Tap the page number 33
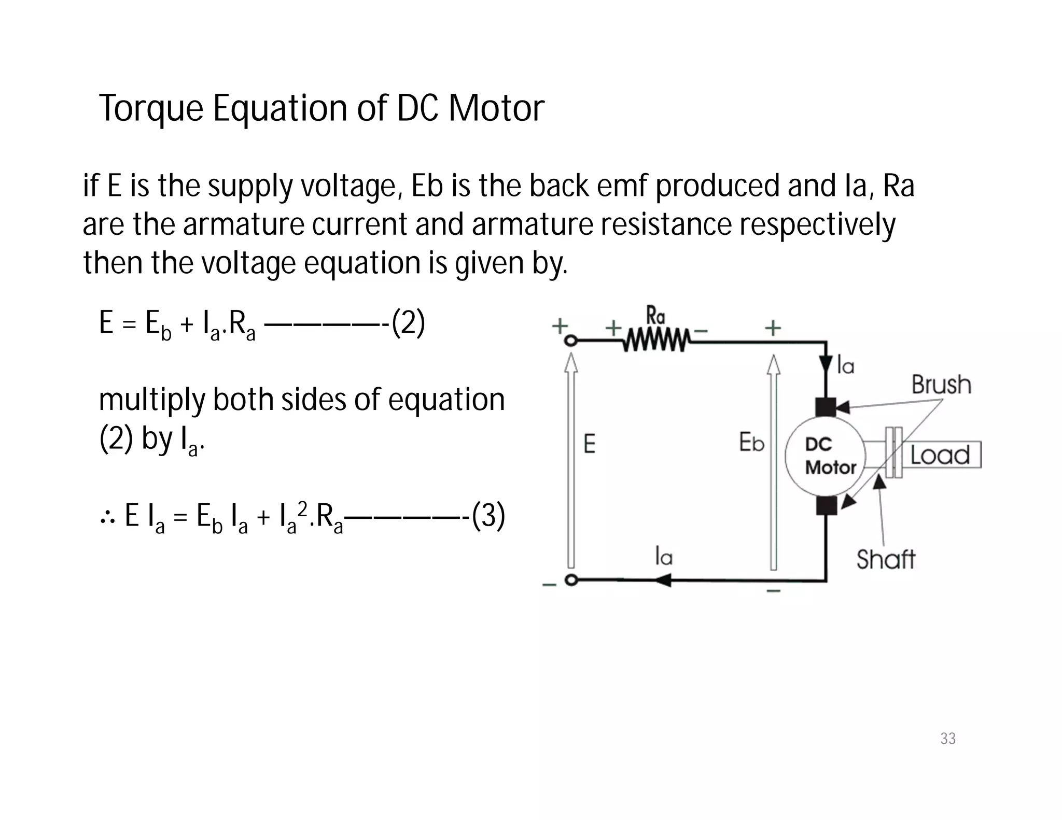coord(948,739)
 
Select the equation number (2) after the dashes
coord(408,324)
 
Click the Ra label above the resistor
coord(656,316)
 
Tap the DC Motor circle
coord(825,456)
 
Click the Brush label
coord(941,385)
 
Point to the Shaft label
coord(886,560)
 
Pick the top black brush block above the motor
coord(826,407)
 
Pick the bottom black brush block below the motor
coord(826,505)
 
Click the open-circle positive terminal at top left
coord(571,341)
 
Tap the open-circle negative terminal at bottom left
coord(571,581)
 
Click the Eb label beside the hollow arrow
coord(751,443)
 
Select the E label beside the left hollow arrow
coord(590,444)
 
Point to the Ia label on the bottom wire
coord(664,557)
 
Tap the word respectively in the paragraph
coord(817,225)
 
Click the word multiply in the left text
coord(152,401)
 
